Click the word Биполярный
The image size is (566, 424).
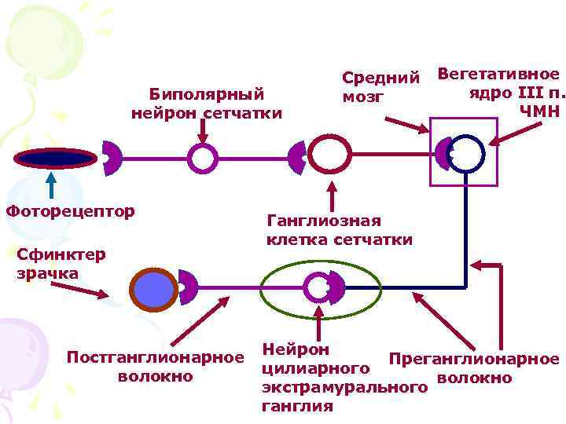206,95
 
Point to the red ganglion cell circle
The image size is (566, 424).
329,154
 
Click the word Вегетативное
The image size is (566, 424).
498,74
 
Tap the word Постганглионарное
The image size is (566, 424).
155,358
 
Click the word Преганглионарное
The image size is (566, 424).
474,360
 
